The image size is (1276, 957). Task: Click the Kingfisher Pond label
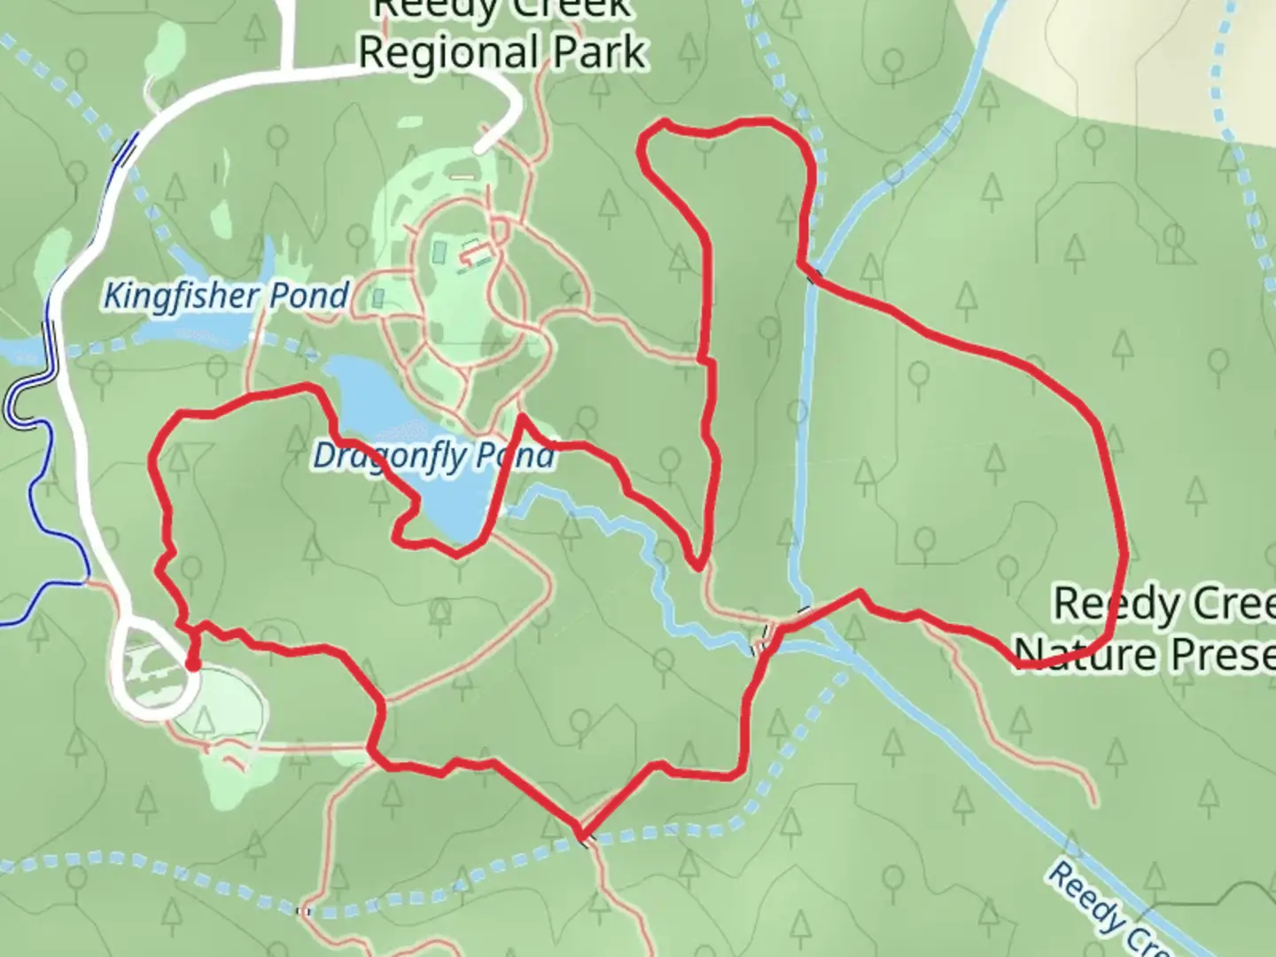coord(226,295)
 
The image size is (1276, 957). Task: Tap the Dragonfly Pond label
coord(433,456)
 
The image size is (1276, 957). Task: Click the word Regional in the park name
coord(448,52)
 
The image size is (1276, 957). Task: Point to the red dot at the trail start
coord(191,664)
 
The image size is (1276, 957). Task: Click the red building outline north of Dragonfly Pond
coord(476,254)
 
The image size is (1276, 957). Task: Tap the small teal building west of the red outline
coord(378,298)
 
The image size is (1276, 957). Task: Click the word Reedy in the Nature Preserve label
coord(1111,604)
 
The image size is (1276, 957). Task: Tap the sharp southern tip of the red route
coord(580,835)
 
